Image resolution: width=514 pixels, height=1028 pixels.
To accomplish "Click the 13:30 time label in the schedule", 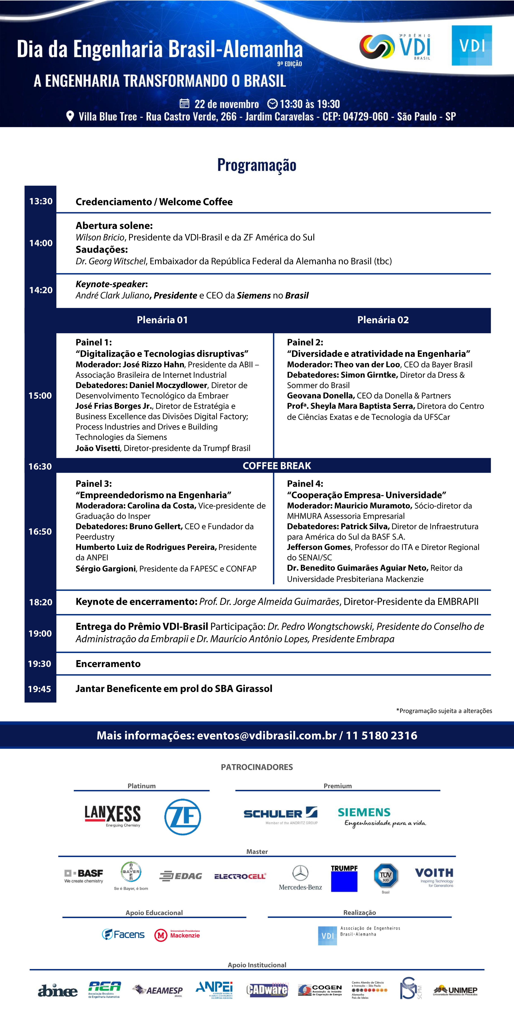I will pyautogui.click(x=41, y=201).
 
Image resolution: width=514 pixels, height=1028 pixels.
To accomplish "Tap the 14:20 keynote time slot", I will pyautogui.click(x=41, y=290).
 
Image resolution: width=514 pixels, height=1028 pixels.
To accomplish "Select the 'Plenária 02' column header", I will pyautogui.click(x=383, y=320).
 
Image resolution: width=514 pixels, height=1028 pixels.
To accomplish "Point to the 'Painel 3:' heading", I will pyautogui.click(x=94, y=484).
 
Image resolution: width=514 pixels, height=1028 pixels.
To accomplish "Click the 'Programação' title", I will pyautogui.click(x=257, y=165).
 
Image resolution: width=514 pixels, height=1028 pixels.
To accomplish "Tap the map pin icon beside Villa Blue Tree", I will pyautogui.click(x=70, y=116).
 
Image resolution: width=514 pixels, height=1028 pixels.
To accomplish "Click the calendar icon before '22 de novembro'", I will pyautogui.click(x=184, y=104).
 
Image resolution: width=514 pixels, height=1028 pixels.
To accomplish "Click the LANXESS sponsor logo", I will pyautogui.click(x=113, y=815).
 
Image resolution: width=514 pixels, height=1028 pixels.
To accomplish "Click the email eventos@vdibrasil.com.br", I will pyautogui.click(x=267, y=736).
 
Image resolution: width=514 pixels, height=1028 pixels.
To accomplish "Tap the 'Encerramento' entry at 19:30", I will pyautogui.click(x=108, y=664).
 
